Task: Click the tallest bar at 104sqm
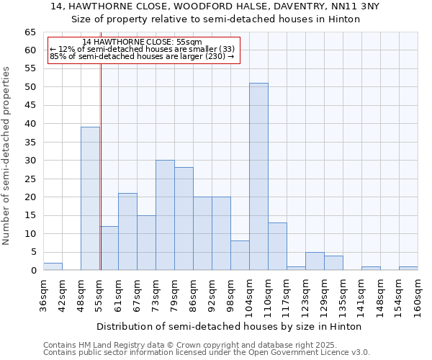[x=258, y=176]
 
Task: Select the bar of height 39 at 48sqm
[x=90, y=198]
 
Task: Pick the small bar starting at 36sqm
[x=53, y=266]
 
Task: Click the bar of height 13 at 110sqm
[x=277, y=246]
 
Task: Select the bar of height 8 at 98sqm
[x=240, y=256]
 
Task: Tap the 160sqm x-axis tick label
[x=418, y=296]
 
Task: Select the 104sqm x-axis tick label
[x=250, y=296]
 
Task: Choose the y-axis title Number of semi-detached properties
[x=7, y=156]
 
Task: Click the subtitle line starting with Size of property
[x=216, y=19]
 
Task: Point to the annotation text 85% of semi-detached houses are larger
[x=142, y=56]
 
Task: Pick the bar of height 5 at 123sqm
[x=315, y=261]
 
